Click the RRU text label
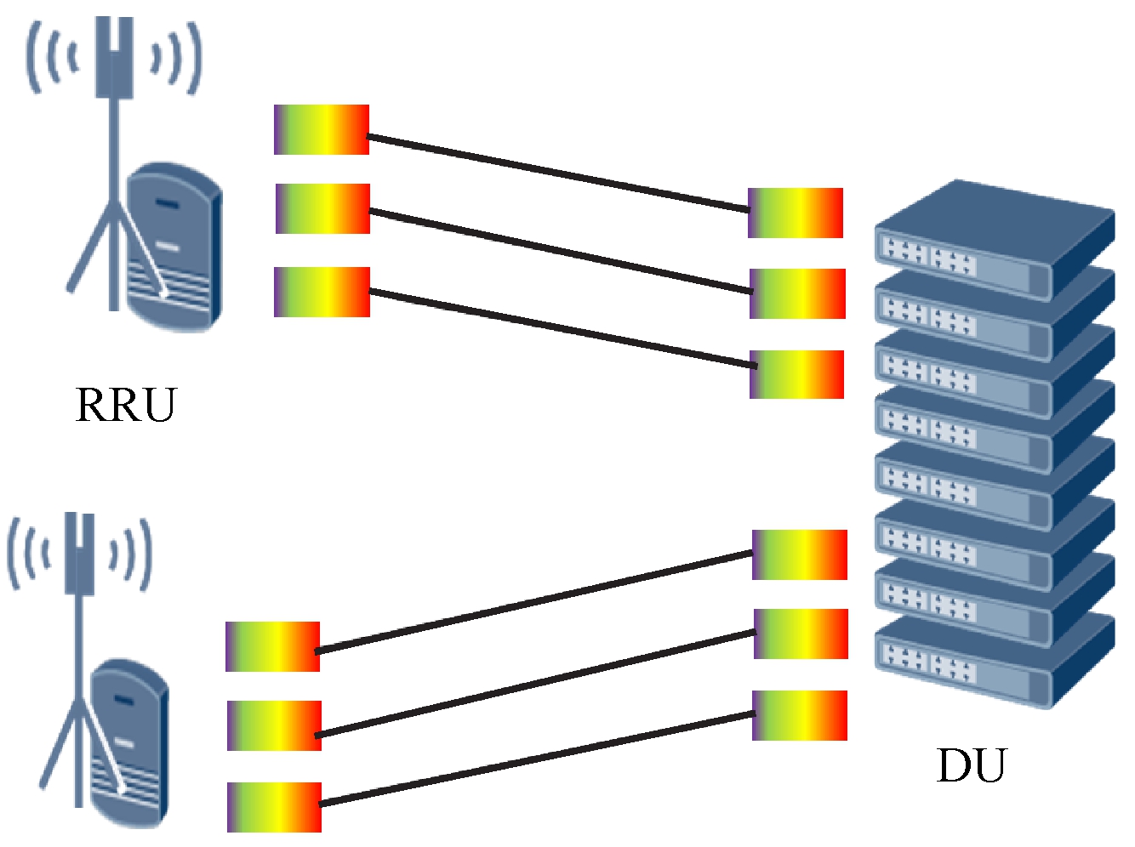[126, 405]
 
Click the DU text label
[971, 765]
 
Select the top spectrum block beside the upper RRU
[322, 130]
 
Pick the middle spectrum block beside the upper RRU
[322, 208]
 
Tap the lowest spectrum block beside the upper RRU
[322, 292]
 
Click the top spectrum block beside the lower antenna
[272, 647]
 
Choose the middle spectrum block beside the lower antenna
[274, 725]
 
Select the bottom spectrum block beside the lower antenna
[274, 807]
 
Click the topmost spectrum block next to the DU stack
[796, 213]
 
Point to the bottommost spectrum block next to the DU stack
[800, 715]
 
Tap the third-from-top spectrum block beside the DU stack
[796, 374]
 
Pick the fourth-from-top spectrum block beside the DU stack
[800, 554]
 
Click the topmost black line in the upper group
[557, 172]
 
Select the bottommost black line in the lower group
[536, 759]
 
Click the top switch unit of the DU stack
[994, 238]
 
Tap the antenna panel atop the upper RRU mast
[114, 58]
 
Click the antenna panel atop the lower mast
[79, 553]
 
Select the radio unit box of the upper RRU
[174, 247]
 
